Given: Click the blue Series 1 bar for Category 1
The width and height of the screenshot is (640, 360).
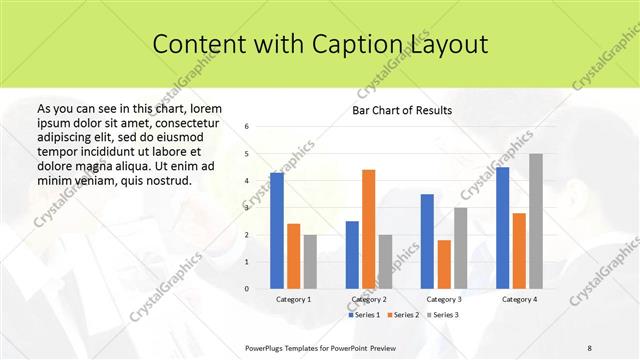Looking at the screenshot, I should tap(277, 231).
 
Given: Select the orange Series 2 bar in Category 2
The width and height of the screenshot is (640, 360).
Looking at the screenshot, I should tap(368, 229).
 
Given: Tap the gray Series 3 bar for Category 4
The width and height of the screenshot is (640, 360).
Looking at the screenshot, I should tap(536, 221).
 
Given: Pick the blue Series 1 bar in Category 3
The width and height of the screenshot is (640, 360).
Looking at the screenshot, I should tap(427, 241).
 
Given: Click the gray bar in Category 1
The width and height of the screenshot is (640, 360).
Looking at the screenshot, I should tap(310, 261).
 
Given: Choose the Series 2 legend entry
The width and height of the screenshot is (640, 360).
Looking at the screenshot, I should tap(403, 315).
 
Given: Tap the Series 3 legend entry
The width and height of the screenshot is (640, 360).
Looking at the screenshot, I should tap(441, 315).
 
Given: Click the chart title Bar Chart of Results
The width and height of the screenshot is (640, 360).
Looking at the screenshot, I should tap(402, 110).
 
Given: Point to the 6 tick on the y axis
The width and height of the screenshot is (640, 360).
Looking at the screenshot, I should tap(247, 127).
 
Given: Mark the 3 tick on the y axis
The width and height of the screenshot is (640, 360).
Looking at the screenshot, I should tap(247, 208).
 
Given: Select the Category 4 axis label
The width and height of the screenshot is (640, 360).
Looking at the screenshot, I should tap(519, 299).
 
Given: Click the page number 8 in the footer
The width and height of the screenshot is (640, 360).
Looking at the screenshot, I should tap(590, 346).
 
